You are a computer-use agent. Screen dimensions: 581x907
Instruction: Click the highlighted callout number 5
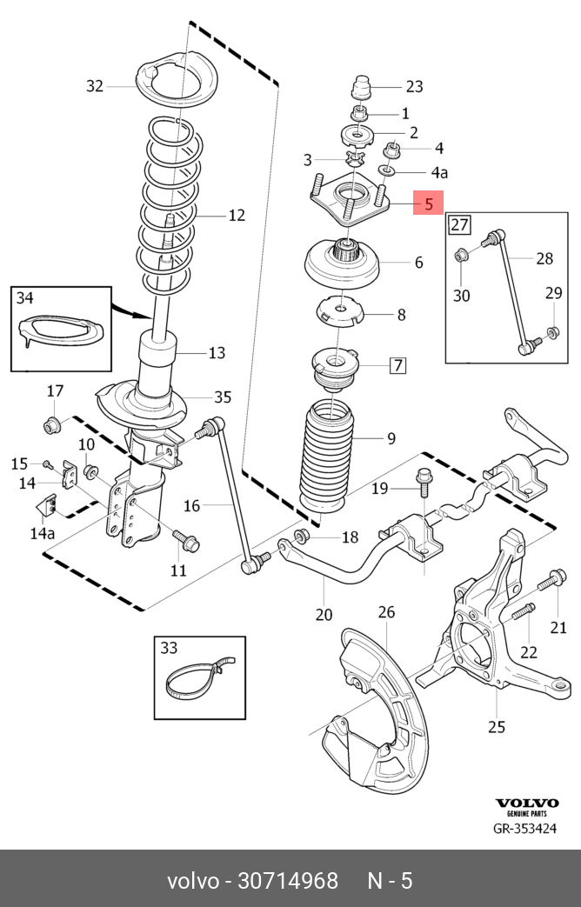pyautogui.click(x=428, y=203)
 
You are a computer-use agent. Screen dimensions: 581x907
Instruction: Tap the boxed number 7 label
pyautogui.click(x=397, y=365)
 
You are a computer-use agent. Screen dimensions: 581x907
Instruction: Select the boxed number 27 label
pyautogui.click(x=459, y=223)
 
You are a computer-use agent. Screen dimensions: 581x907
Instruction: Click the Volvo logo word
pyautogui.click(x=526, y=803)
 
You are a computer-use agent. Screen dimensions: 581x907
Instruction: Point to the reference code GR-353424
pyautogui.click(x=524, y=829)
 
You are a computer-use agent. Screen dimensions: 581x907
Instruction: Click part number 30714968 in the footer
pyautogui.click(x=288, y=881)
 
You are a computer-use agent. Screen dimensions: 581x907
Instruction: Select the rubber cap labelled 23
pyautogui.click(x=363, y=87)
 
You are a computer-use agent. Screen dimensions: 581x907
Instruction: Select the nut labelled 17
pyautogui.click(x=52, y=425)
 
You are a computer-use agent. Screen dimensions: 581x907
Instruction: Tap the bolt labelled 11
pyautogui.click(x=186, y=540)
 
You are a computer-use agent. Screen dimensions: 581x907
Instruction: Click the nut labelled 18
pyautogui.click(x=301, y=536)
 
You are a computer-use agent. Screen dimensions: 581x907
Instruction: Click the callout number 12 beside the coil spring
pyautogui.click(x=237, y=215)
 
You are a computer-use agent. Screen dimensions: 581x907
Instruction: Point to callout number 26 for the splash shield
pyautogui.click(x=386, y=611)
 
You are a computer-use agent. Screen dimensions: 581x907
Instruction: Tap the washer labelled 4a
pyautogui.click(x=386, y=170)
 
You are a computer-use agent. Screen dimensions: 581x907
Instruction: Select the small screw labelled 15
pyautogui.click(x=49, y=464)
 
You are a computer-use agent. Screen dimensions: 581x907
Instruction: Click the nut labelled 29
pyautogui.click(x=551, y=332)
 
